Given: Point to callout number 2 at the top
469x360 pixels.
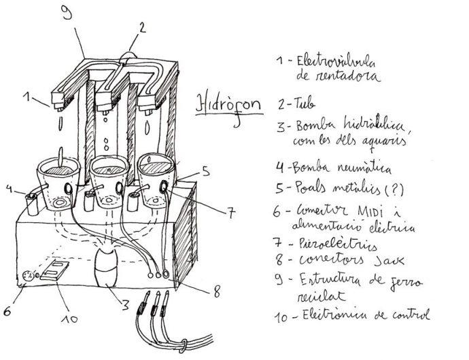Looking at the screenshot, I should coord(141,27).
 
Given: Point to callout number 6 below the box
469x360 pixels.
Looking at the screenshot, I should coord(7,311).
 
